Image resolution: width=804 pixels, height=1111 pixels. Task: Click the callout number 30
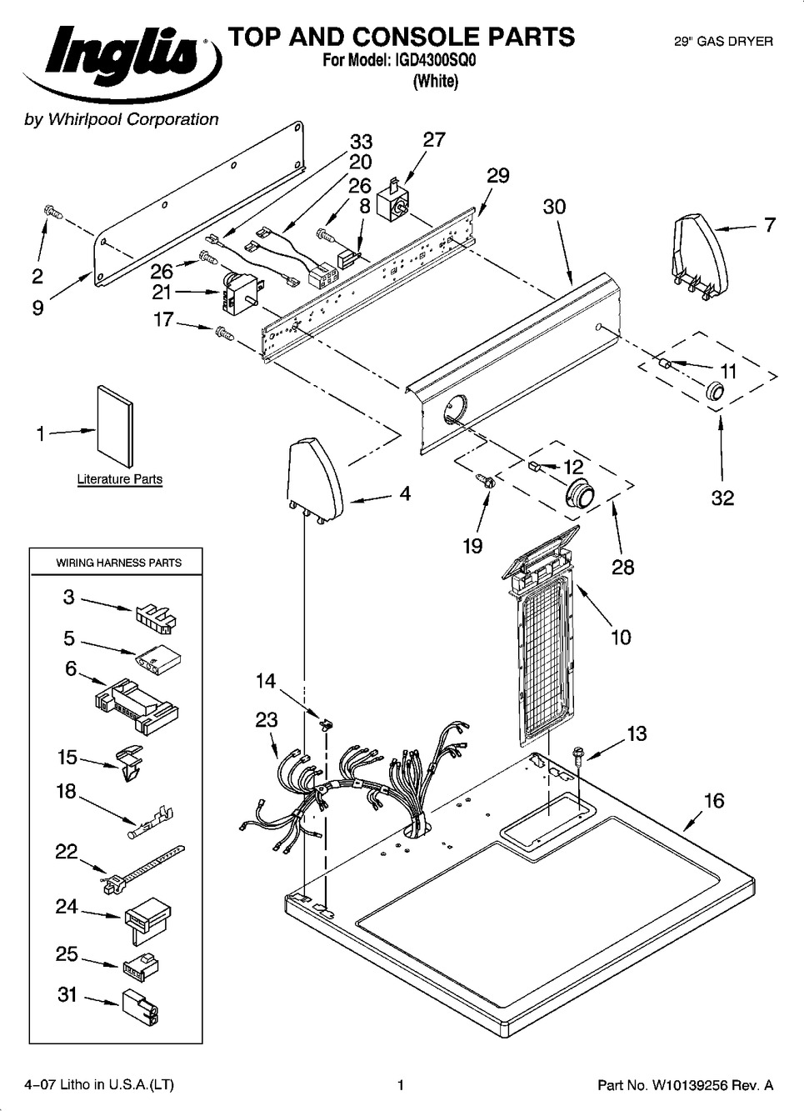tap(554, 207)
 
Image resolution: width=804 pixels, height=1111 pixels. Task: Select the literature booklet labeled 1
tap(114, 425)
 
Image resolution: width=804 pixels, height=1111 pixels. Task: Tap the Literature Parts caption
tap(119, 479)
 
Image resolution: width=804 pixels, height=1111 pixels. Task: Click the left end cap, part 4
tap(315, 479)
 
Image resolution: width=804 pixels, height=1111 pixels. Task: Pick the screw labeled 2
tap(52, 213)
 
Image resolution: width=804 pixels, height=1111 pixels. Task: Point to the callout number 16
tap(714, 801)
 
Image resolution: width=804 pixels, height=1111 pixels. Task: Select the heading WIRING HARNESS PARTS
tap(118, 563)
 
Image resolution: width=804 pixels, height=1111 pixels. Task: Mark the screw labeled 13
tap(577, 754)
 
